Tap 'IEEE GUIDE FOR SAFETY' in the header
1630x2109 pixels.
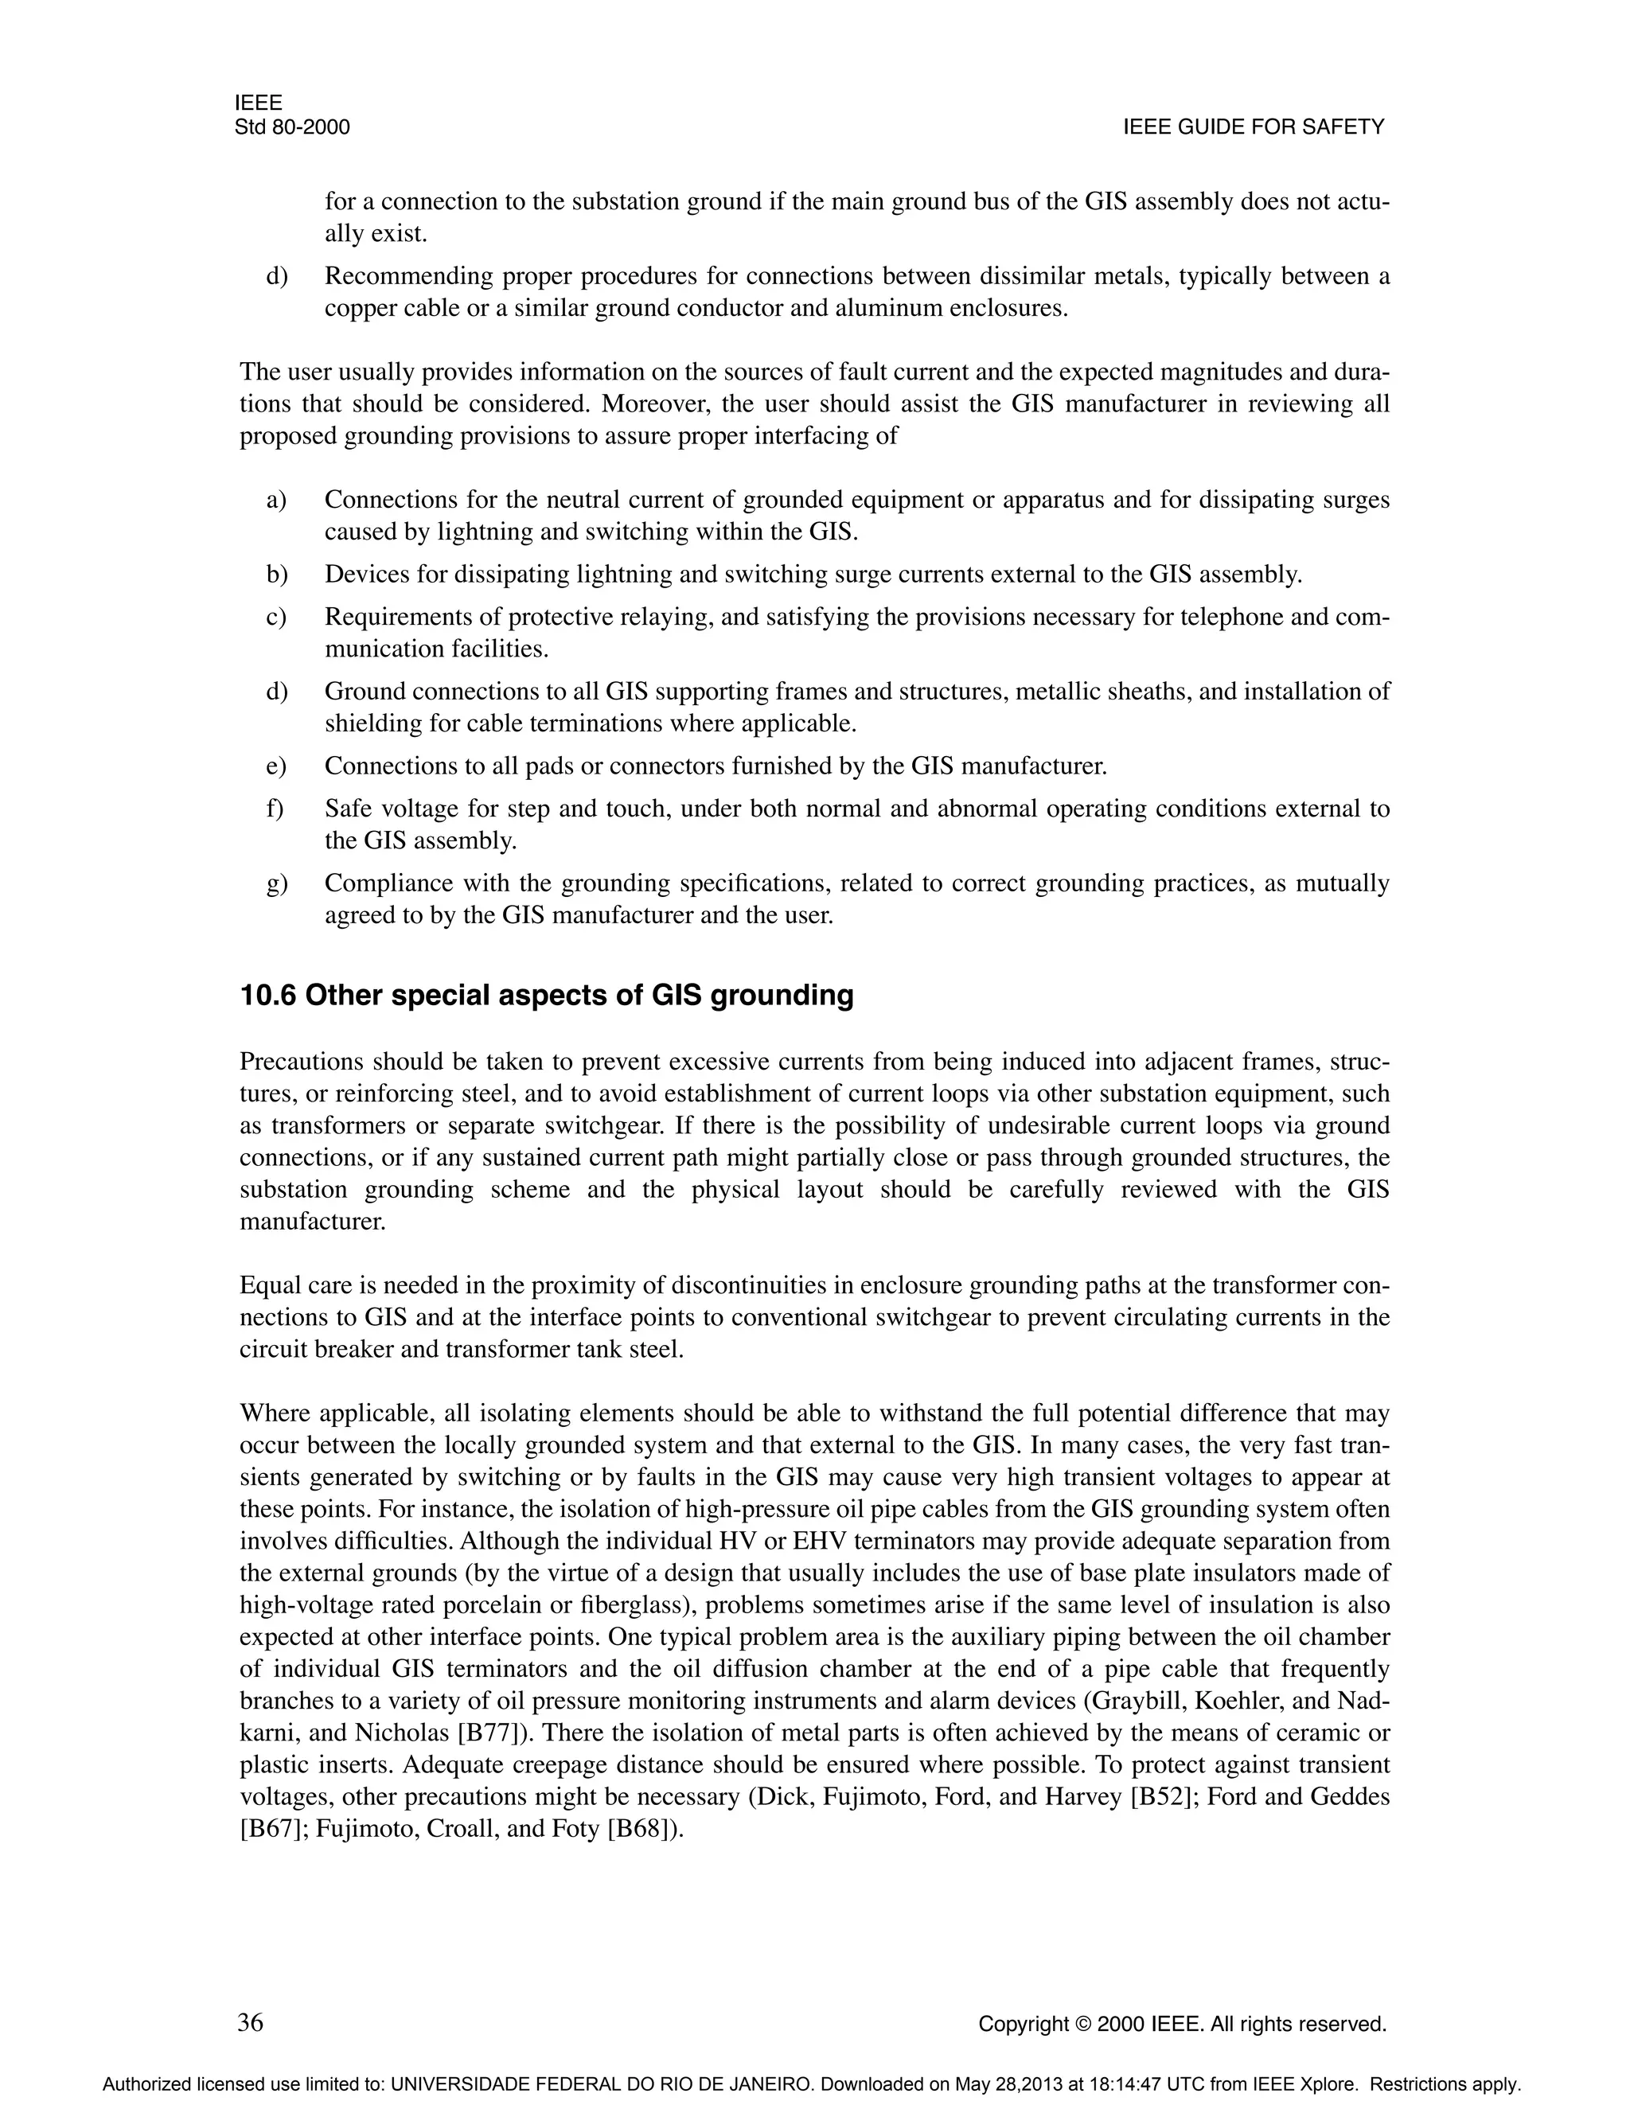[x=1254, y=127]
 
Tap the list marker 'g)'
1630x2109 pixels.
[x=276, y=883]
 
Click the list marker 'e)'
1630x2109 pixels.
[x=276, y=766]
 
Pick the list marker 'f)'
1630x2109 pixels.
[x=275, y=809]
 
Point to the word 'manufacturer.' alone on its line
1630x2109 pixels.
[x=312, y=1222]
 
